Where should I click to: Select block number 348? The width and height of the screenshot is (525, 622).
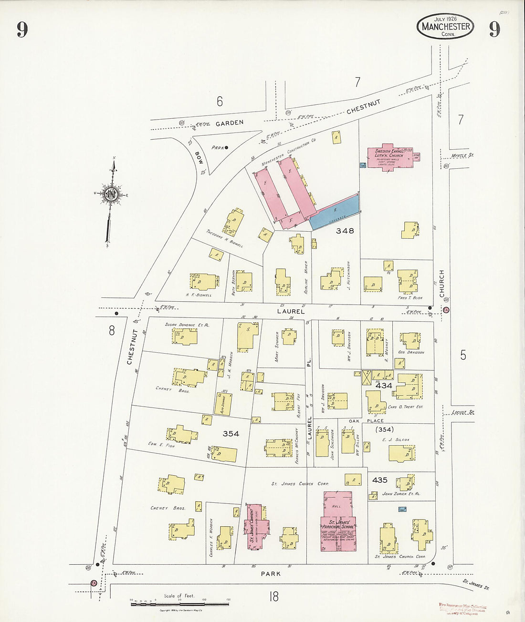point(345,231)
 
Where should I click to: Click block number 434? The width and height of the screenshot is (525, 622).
point(383,386)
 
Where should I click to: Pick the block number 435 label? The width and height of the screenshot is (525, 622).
point(379,480)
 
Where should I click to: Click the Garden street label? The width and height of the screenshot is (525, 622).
point(229,123)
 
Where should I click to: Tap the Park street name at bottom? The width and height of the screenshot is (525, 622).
point(271,574)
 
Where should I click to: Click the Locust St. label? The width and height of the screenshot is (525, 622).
point(463,411)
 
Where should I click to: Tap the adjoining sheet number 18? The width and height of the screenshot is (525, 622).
point(273,596)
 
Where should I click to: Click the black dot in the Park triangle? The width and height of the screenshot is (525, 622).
point(227,147)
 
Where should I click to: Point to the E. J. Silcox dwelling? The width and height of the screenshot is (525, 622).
point(401,453)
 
